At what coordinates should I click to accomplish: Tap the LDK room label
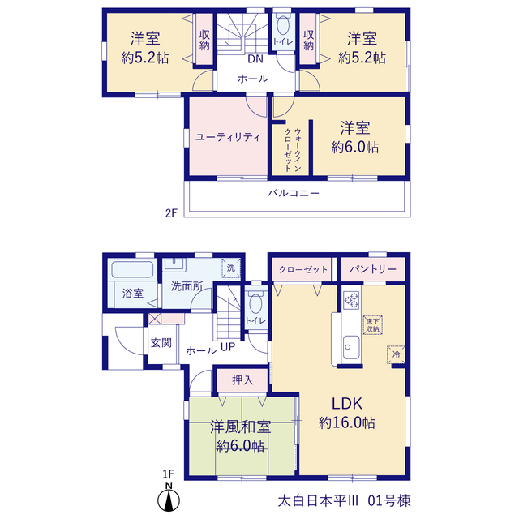347,404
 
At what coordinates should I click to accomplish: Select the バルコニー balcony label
294,193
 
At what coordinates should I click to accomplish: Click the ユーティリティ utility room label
228,137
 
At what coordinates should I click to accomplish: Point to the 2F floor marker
171,213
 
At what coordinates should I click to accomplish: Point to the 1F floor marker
168,474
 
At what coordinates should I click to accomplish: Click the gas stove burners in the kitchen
351,300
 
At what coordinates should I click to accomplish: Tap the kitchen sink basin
350,347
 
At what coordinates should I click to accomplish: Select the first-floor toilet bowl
256,303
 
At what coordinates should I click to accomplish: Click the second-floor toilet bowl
283,25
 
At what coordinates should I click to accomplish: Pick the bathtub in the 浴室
132,269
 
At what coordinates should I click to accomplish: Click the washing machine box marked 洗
231,268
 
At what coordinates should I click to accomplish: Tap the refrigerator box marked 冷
396,354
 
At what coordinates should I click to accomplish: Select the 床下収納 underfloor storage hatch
373,325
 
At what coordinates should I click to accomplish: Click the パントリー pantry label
373,269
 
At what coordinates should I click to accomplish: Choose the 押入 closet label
242,380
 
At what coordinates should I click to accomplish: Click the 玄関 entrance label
161,343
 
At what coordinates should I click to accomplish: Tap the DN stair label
255,59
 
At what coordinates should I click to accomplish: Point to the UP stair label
228,347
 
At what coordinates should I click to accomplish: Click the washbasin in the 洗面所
174,264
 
